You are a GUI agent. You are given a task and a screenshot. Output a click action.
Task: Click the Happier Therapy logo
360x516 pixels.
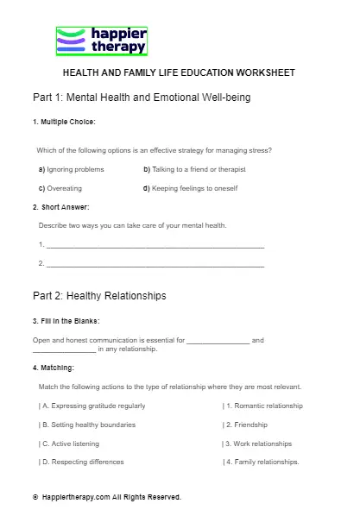click(102, 41)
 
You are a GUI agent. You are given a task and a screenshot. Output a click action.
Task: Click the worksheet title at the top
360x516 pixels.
click(180, 72)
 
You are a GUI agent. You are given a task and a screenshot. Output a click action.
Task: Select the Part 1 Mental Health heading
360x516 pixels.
click(141, 98)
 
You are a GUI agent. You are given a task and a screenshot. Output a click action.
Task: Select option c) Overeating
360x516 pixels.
click(60, 188)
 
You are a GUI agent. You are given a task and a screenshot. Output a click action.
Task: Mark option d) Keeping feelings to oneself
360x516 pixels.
click(190, 188)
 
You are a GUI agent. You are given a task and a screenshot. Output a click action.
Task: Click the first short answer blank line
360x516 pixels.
click(155, 245)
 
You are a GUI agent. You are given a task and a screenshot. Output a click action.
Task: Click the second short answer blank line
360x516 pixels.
click(155, 263)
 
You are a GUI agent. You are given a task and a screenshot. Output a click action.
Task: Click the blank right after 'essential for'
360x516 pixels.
click(218, 341)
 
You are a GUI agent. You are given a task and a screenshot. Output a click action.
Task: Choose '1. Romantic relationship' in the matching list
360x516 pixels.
click(262, 406)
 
